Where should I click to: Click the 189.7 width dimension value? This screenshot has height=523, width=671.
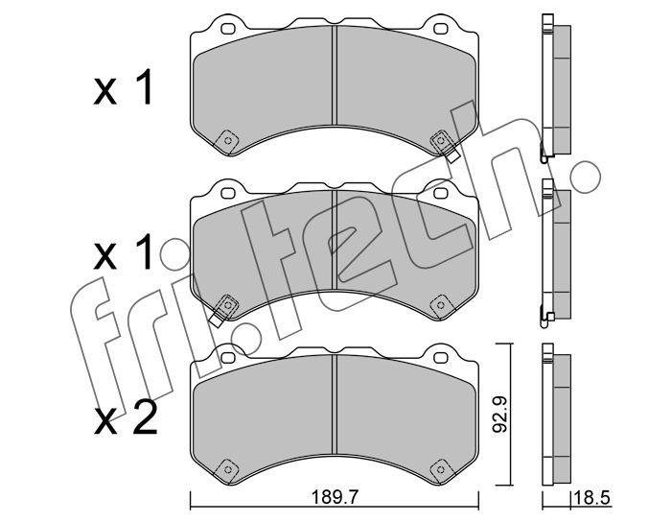point(334,498)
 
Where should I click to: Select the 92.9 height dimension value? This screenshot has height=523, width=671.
point(499,415)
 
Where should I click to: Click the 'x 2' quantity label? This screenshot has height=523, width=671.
point(126,419)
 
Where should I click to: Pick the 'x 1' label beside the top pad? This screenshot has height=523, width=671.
point(123,88)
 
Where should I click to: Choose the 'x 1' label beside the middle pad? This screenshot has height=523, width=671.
point(123,252)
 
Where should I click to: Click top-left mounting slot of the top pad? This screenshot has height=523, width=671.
point(228,29)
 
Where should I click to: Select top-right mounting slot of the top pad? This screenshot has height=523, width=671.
point(440,29)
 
